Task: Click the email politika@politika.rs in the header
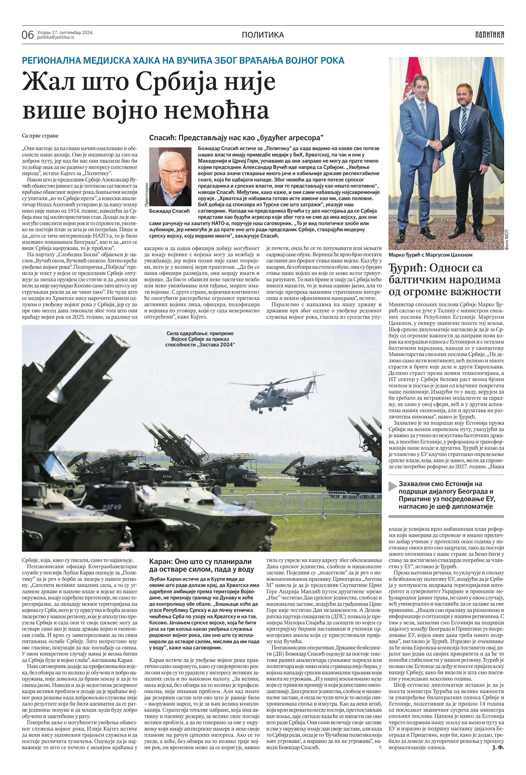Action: coord(55,37)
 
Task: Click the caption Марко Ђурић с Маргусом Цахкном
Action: coord(431,255)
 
